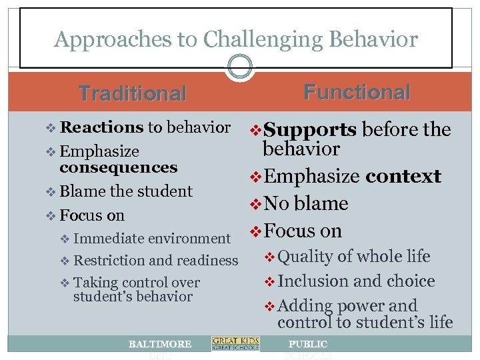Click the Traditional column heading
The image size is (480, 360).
[x=133, y=93]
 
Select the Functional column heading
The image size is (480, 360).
[x=357, y=92]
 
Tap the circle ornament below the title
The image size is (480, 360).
[x=240, y=66]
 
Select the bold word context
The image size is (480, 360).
[x=403, y=177]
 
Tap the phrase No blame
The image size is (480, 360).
[x=306, y=203]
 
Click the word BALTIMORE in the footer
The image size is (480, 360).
[x=160, y=344]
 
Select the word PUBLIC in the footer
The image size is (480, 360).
[x=307, y=344]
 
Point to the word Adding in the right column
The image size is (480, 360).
[x=304, y=306]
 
